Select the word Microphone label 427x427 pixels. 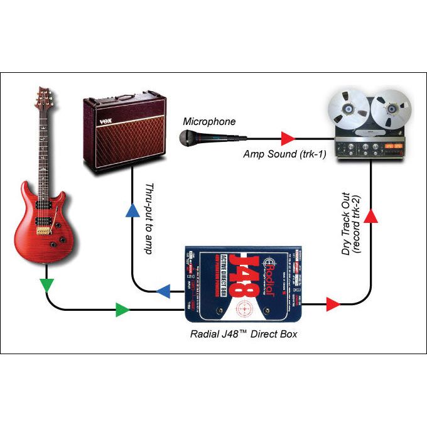coord(209,121)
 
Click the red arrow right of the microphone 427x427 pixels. coord(287,137)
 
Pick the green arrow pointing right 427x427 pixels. coord(122,309)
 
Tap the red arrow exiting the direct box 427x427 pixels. coord(333,305)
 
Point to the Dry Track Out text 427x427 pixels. coord(346,226)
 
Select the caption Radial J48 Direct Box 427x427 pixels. coord(244,334)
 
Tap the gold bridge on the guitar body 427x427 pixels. coord(43,230)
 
